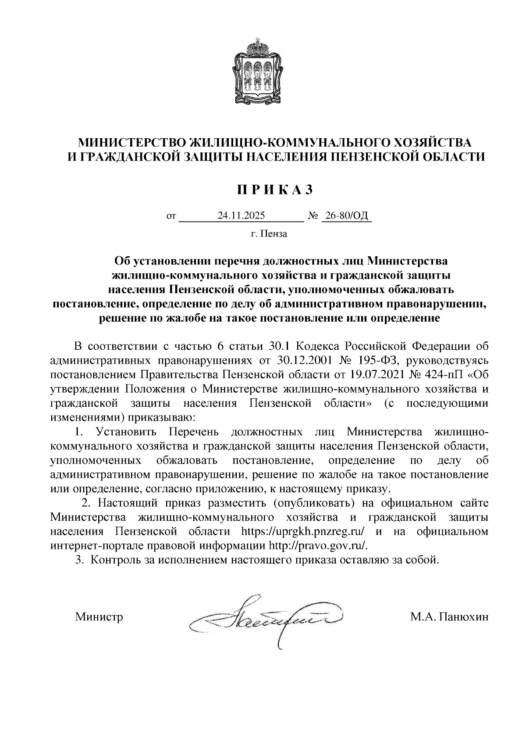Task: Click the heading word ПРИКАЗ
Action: [275, 190]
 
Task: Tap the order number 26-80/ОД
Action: [346, 216]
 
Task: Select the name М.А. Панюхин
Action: [449, 617]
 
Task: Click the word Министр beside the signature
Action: [99, 617]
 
